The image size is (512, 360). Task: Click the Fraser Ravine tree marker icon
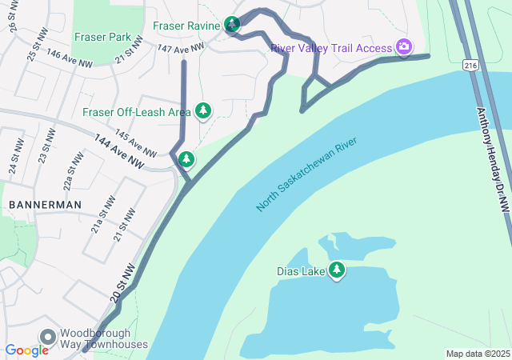(x=232, y=25)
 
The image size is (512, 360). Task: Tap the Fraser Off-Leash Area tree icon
(x=203, y=110)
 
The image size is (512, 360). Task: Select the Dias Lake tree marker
(x=337, y=270)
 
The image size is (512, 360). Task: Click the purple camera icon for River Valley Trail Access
(x=404, y=47)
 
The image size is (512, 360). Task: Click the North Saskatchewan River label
(x=306, y=174)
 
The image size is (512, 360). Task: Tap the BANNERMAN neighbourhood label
(x=45, y=205)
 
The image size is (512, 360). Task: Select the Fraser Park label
(x=102, y=37)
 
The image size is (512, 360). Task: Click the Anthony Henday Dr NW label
(x=493, y=160)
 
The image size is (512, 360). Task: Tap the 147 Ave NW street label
(x=177, y=50)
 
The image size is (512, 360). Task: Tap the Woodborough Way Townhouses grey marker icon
(x=47, y=337)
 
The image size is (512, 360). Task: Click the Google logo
(x=26, y=350)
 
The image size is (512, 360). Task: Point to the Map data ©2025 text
(x=477, y=354)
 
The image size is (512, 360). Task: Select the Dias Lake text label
(x=301, y=271)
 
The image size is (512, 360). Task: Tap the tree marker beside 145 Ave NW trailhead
(x=186, y=160)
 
